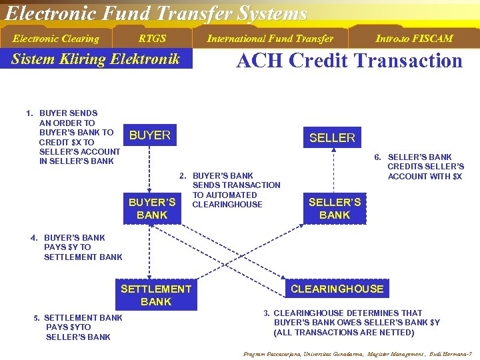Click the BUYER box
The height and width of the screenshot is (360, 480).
click(x=150, y=135)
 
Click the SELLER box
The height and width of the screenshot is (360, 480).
click(x=332, y=137)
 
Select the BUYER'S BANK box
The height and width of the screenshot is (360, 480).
click(x=152, y=208)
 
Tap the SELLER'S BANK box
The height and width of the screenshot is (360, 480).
click(x=335, y=208)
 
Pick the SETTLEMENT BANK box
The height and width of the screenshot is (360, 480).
click(x=156, y=295)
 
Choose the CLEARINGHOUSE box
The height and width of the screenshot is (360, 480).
click(x=337, y=289)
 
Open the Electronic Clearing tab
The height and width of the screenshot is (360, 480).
click(x=56, y=39)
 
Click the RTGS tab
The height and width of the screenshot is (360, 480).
click(x=152, y=39)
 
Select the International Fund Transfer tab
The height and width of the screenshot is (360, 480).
click(x=269, y=39)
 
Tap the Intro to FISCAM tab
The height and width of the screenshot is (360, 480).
click(x=413, y=39)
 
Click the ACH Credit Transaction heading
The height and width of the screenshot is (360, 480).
click(x=349, y=61)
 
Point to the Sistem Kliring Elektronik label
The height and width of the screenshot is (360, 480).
click(x=96, y=59)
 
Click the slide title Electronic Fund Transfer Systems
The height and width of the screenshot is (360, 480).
click(x=156, y=13)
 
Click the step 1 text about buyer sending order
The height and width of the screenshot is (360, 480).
click(x=73, y=137)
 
